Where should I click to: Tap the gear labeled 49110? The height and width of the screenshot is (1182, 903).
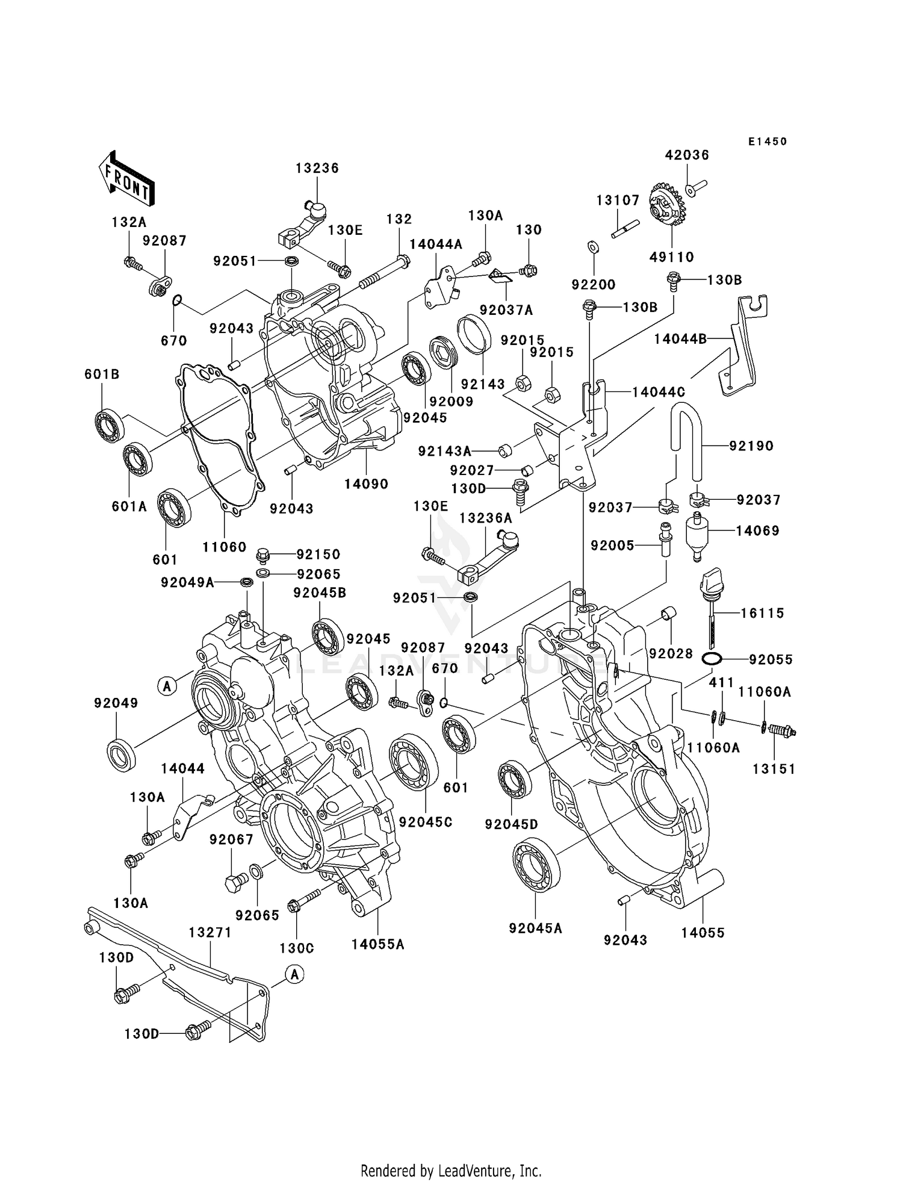coord(667,208)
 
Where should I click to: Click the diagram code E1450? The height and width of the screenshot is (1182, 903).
coord(768,142)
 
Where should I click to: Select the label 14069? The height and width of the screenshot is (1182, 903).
coord(757,530)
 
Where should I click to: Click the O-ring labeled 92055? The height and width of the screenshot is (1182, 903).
coord(712,659)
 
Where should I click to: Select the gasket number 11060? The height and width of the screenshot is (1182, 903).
coord(224,547)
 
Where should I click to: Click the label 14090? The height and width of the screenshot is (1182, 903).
coord(366,484)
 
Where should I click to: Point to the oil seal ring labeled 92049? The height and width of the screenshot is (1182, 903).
coord(121,753)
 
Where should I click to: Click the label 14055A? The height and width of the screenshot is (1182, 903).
coord(378,944)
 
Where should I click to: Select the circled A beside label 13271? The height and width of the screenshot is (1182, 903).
coord(294,974)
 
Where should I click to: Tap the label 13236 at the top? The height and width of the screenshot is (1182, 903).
coord(317,168)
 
